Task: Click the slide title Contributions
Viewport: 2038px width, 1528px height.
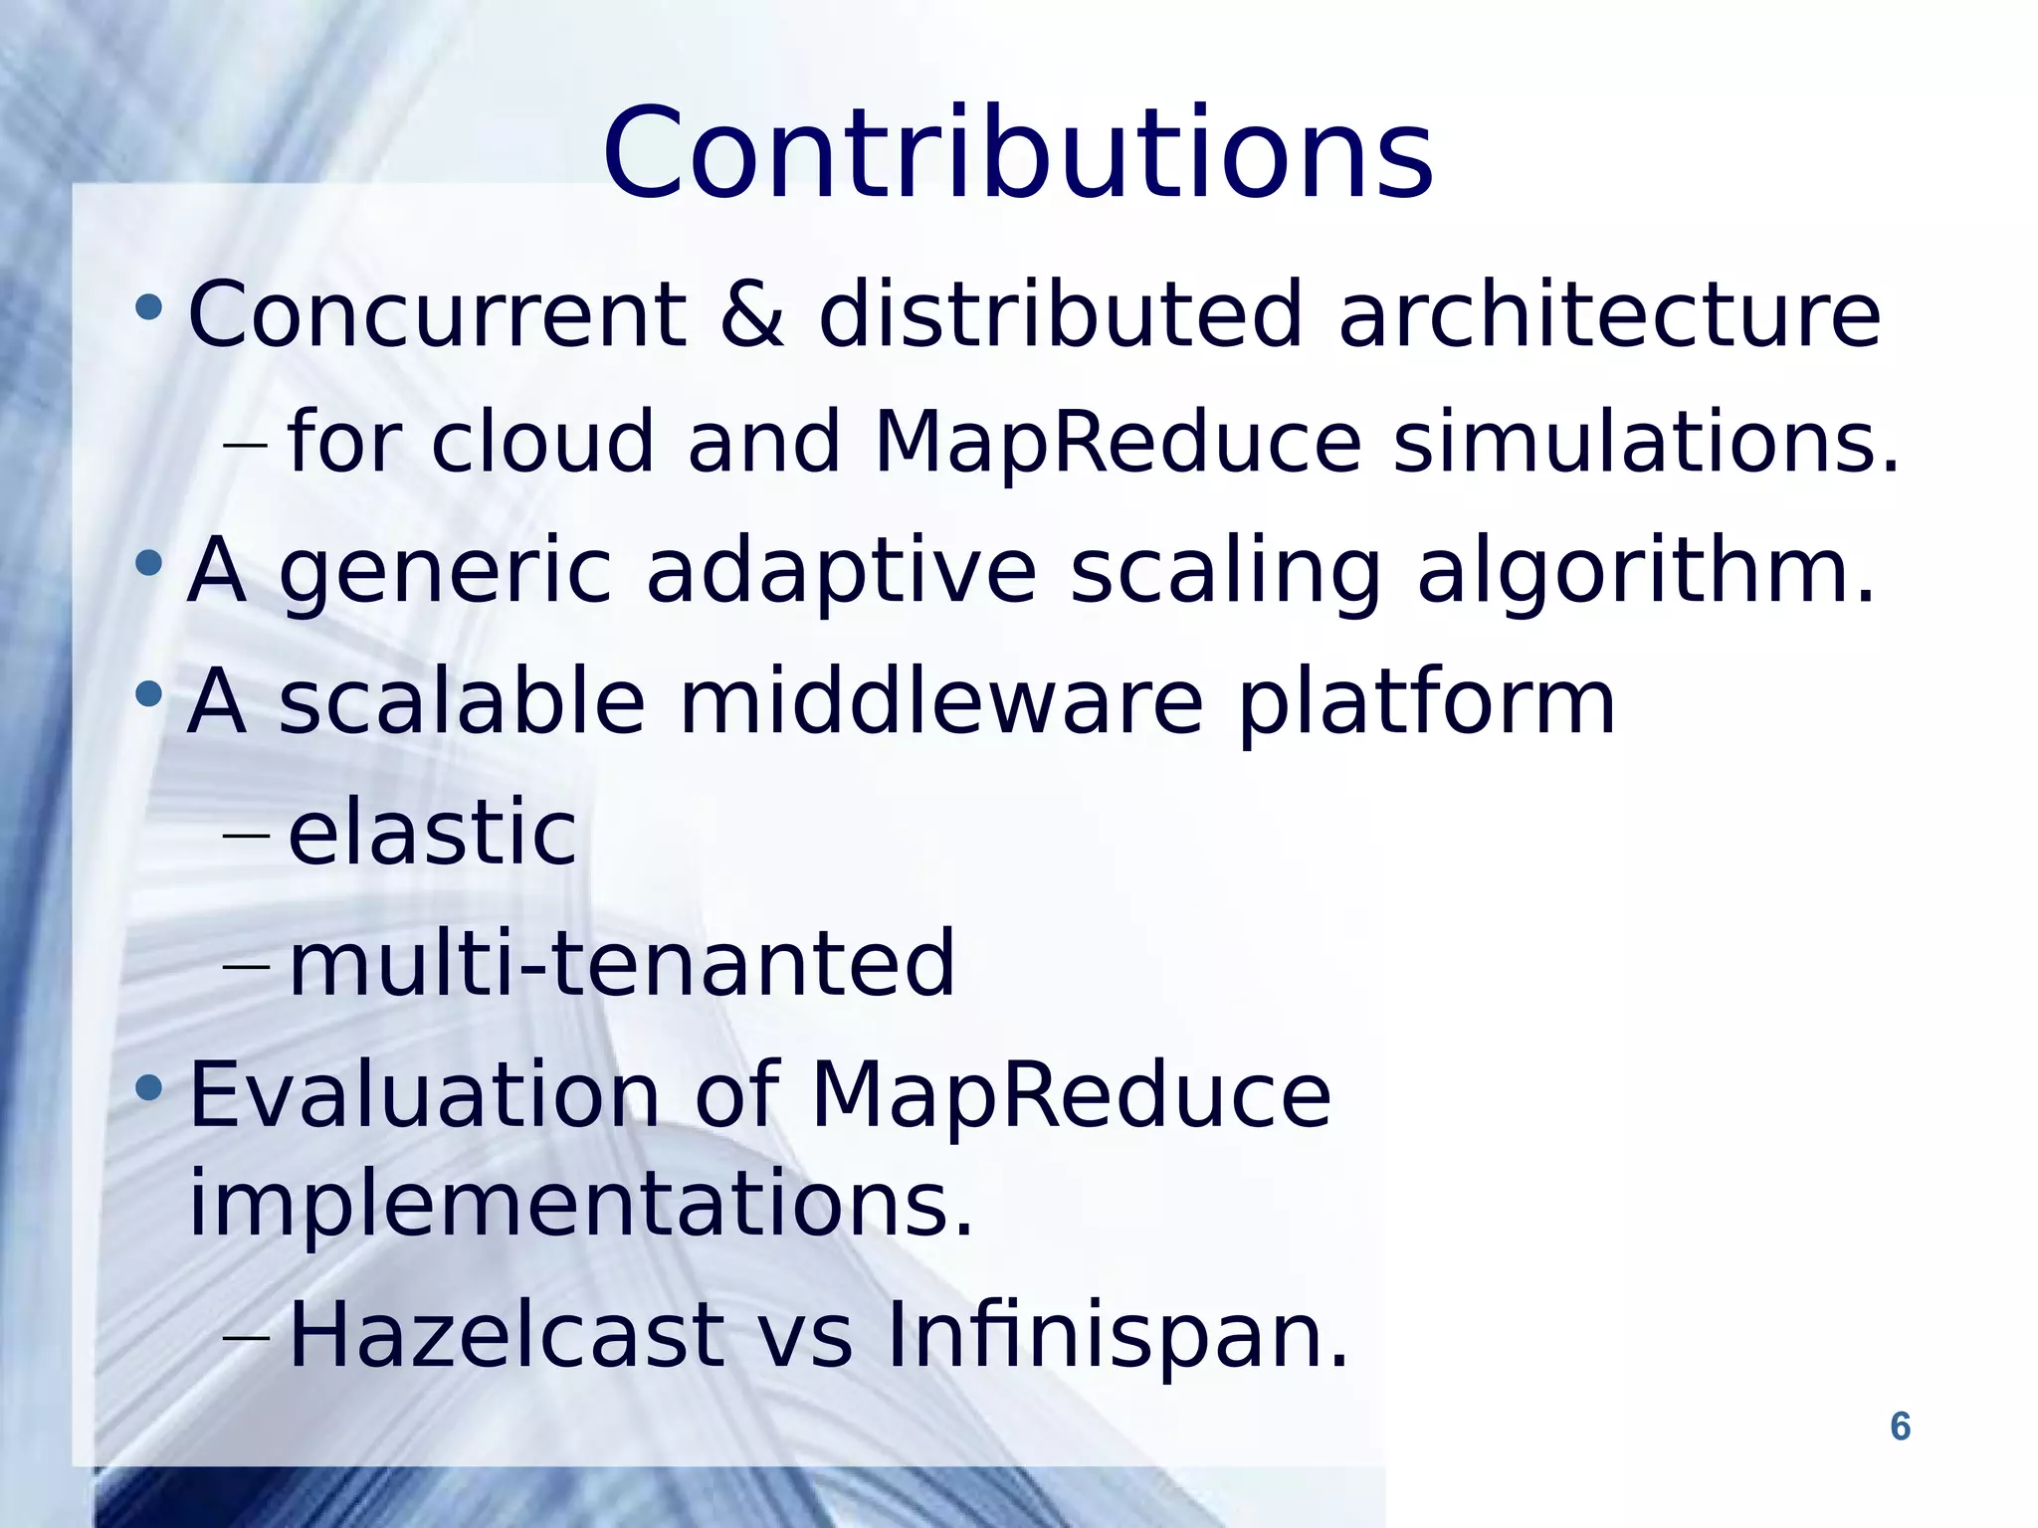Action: [1017, 153]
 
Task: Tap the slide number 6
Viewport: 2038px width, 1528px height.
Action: [1900, 1427]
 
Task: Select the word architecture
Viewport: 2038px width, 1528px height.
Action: [1609, 314]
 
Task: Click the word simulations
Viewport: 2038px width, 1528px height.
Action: [1645, 441]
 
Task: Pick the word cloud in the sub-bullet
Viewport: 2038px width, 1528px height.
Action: [542, 441]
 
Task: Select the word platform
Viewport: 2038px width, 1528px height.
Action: [1425, 704]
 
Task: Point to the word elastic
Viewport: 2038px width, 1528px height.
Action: [431, 833]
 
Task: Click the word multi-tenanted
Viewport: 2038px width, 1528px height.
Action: [621, 962]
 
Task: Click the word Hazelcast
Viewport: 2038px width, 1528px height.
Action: [506, 1335]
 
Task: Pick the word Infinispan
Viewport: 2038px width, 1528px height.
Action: [1116, 1335]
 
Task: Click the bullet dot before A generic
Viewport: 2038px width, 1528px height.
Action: [148, 563]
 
